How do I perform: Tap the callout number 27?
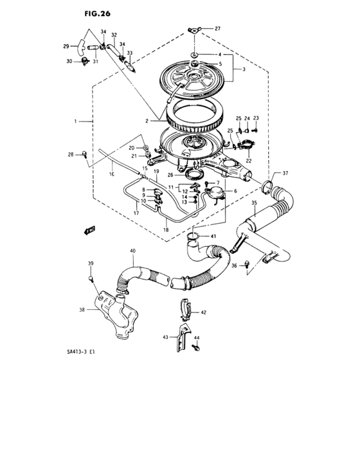tap(217, 29)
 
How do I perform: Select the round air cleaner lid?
tap(194, 76)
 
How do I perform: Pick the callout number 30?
tap(69, 61)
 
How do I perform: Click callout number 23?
tap(255, 118)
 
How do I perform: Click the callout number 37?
tap(285, 174)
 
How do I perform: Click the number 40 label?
tap(132, 251)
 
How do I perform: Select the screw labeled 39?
tap(91, 278)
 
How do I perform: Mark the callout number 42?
tap(203, 312)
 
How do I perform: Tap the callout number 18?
tap(166, 230)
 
